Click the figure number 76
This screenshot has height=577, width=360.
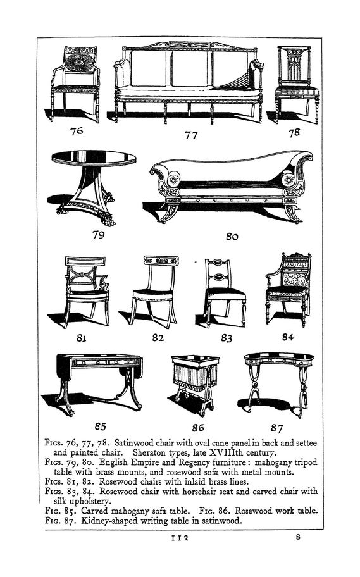[x=77, y=130]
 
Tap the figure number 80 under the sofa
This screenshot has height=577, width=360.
[x=232, y=237]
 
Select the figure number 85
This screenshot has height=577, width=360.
[x=100, y=426]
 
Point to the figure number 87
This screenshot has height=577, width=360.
[x=276, y=428]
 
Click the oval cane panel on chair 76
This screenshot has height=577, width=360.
[x=80, y=63]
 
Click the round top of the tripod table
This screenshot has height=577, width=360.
[x=94, y=158]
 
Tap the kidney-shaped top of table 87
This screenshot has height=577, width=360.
[x=278, y=357]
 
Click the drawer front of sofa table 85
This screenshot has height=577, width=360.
[x=107, y=363]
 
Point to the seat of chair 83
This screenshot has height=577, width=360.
[x=226, y=292]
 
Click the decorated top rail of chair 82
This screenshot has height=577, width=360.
[x=161, y=261]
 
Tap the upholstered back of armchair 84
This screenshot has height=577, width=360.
[x=295, y=272]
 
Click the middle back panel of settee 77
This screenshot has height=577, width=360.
[x=190, y=69]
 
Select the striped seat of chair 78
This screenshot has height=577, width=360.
[x=297, y=91]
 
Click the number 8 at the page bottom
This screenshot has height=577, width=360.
[x=298, y=537]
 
